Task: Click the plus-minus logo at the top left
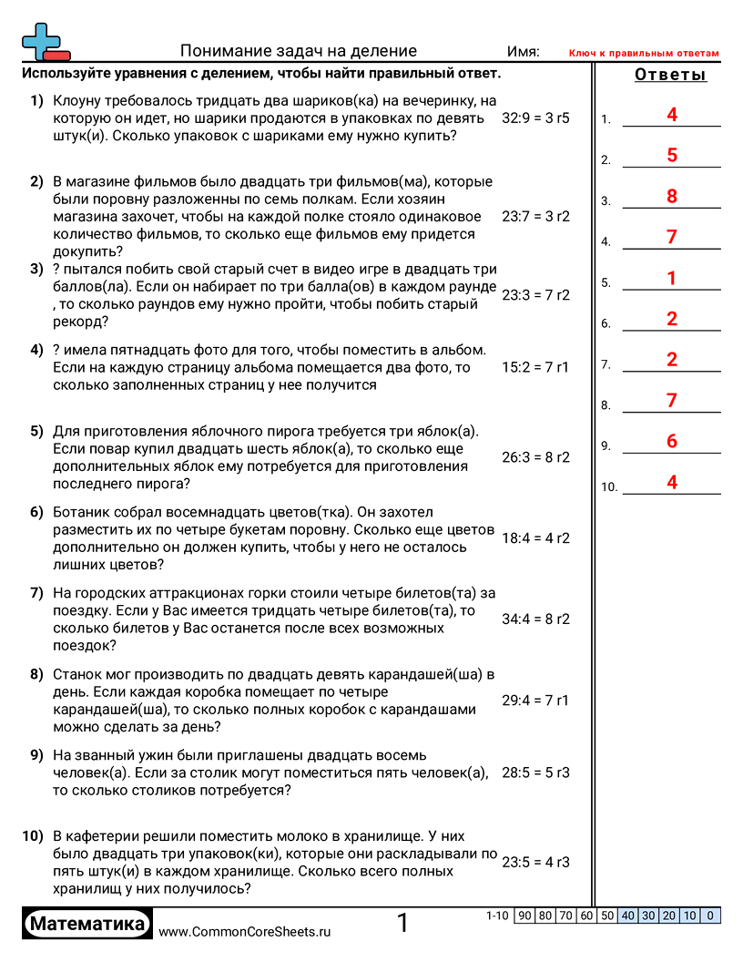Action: tap(45, 42)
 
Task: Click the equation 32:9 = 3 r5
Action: tap(535, 118)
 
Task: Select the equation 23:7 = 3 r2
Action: tap(535, 217)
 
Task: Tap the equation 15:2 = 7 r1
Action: tap(535, 368)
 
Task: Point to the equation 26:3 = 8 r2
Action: tap(535, 457)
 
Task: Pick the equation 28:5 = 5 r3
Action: tap(535, 773)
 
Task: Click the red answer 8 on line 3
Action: tap(672, 196)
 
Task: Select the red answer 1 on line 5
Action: tap(672, 278)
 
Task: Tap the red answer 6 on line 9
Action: tap(672, 441)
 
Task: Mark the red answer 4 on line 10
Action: tap(672, 482)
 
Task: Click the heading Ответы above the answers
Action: tap(670, 75)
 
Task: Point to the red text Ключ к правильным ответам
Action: tap(644, 54)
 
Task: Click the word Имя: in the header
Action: tap(523, 52)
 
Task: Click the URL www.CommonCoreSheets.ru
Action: tap(244, 932)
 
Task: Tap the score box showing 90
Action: tap(524, 916)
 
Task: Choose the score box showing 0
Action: tap(710, 916)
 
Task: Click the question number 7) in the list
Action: tap(36, 593)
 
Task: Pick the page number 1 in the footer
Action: tap(402, 924)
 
